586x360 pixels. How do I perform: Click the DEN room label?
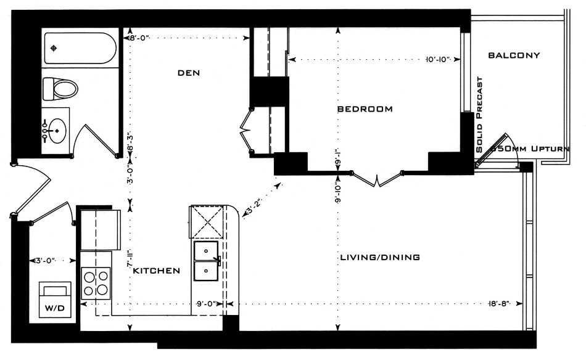[x=189, y=73]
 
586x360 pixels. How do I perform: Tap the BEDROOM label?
[x=365, y=109]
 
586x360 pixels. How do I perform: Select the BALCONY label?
[x=514, y=55]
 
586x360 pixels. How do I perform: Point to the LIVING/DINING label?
[x=380, y=257]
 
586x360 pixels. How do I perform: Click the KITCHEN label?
[x=157, y=271]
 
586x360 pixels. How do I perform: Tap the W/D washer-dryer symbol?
[x=56, y=300]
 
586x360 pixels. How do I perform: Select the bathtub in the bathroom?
[x=80, y=48]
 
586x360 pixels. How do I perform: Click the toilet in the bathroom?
[x=60, y=89]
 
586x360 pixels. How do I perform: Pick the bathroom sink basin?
[x=56, y=130]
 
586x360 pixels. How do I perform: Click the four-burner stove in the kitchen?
[x=96, y=282]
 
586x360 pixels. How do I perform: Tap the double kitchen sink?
[x=206, y=261]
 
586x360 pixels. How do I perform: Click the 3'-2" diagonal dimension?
[x=254, y=206]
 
